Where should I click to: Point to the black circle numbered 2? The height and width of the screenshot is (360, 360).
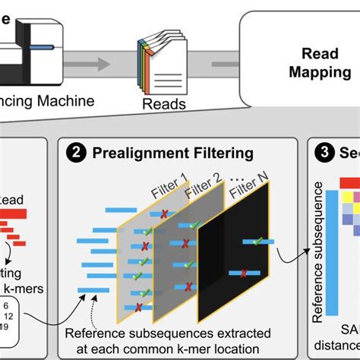[x=77, y=154]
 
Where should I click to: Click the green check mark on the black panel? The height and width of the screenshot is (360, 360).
[x=257, y=242]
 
